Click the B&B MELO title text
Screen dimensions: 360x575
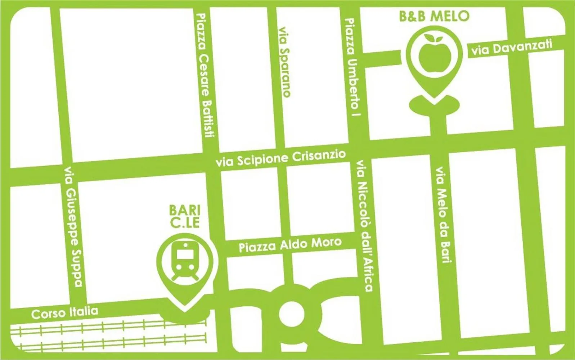(x=435, y=16)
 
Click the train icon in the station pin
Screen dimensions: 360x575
(x=184, y=261)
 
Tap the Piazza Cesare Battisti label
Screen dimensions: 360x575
(x=205, y=76)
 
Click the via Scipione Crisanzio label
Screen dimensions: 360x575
(x=281, y=159)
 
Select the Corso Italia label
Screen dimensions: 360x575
(x=65, y=312)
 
